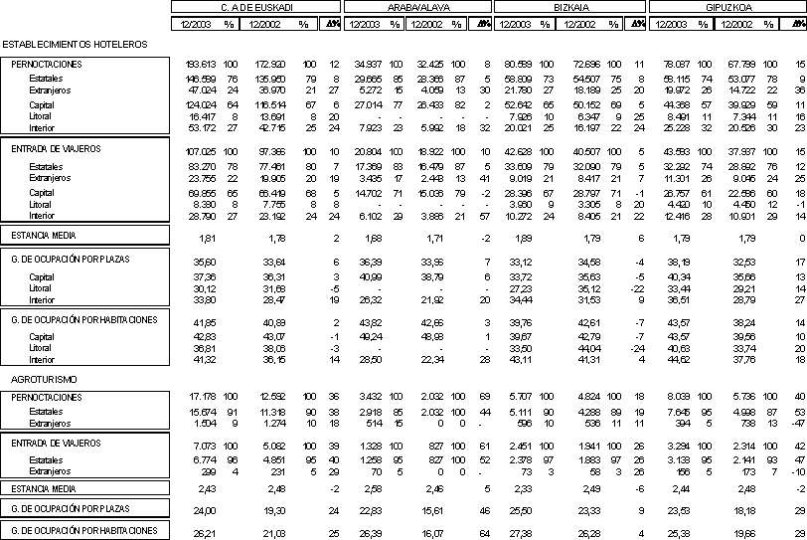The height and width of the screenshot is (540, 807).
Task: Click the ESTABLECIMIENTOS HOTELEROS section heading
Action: coord(75,45)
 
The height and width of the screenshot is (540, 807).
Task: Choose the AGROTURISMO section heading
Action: coord(40,380)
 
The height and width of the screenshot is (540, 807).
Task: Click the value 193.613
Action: coord(202,64)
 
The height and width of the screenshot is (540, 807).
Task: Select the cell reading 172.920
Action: coord(272,64)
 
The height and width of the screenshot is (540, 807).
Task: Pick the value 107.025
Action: coord(202,149)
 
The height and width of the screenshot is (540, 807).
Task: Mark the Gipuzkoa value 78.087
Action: coord(676,64)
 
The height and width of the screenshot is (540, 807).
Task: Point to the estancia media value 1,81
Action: coord(207,239)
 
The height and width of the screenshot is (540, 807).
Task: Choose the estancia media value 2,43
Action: coord(207,488)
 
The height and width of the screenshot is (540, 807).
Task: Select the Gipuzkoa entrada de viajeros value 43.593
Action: coord(676,149)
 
